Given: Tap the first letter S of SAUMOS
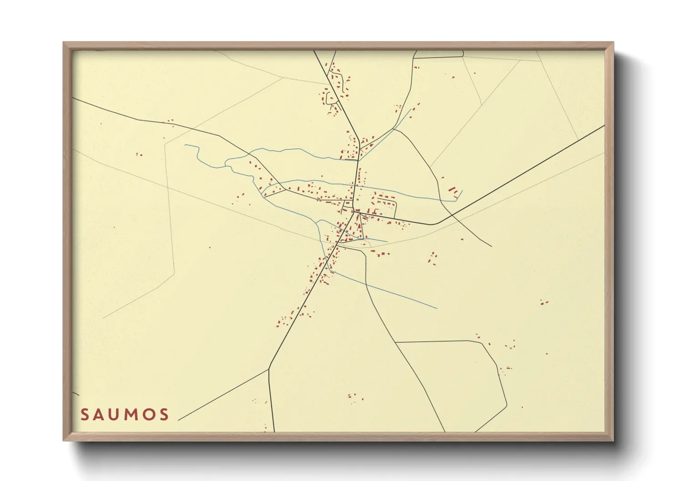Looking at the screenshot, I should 85,415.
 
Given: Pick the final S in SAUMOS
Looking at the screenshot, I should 164,415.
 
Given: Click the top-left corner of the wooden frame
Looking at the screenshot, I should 64,43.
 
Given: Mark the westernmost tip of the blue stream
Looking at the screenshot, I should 185,145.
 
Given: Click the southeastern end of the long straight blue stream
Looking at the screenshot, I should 437,308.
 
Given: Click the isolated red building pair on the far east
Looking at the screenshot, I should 544,301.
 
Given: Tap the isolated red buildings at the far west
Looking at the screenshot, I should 139,155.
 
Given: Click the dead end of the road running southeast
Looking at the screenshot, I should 492,246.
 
